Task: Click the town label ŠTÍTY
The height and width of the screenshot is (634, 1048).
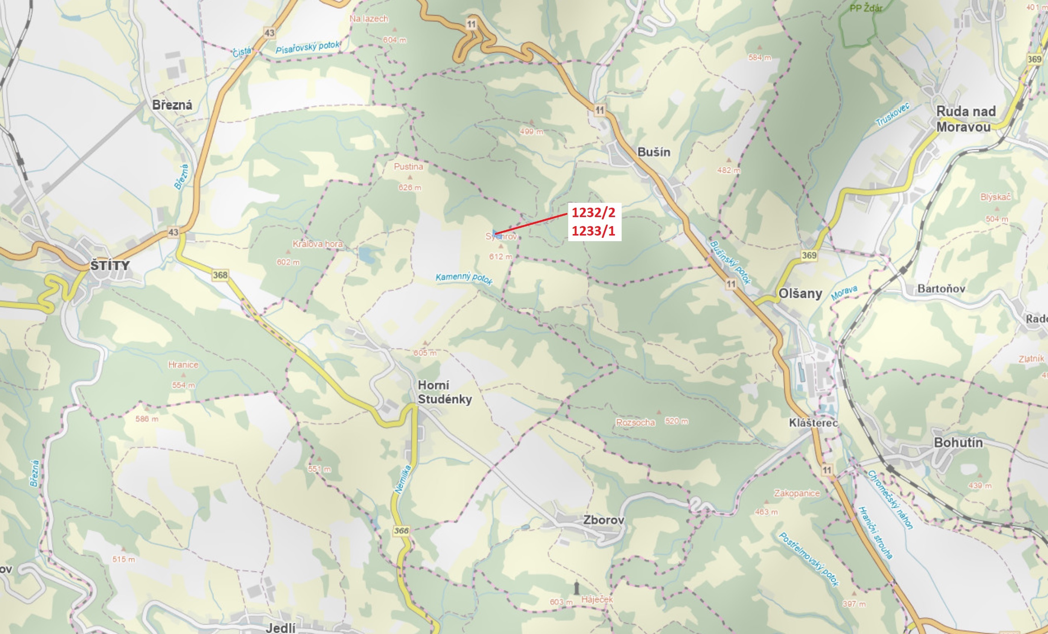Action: tap(110, 266)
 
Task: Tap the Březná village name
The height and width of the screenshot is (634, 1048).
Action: tap(172, 105)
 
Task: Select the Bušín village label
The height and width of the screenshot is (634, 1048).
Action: tap(654, 152)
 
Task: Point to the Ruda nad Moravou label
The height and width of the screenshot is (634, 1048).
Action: tap(966, 119)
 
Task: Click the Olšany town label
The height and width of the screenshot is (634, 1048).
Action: tap(800, 294)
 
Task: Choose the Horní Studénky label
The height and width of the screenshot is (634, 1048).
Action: tap(444, 392)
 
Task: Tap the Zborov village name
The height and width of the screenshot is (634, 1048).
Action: tap(604, 520)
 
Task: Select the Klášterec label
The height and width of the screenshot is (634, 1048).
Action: tap(813, 423)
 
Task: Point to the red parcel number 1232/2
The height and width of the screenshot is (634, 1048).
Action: tap(593, 212)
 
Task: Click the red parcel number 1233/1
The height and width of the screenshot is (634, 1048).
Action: tap(593, 231)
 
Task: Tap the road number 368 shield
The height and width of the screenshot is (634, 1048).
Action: tap(220, 275)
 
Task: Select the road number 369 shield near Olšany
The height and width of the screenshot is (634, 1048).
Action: tap(809, 255)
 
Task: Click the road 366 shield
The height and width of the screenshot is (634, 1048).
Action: tap(401, 531)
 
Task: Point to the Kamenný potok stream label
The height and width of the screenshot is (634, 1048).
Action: tap(464, 278)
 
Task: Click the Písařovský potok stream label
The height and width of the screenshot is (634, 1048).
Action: tap(307, 47)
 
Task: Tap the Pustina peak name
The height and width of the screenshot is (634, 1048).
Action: tap(408, 167)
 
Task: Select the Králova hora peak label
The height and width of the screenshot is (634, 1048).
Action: tap(317, 244)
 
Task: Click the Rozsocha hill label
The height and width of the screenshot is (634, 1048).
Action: tap(636, 422)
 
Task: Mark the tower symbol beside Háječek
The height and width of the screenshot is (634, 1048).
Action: tap(576, 588)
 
